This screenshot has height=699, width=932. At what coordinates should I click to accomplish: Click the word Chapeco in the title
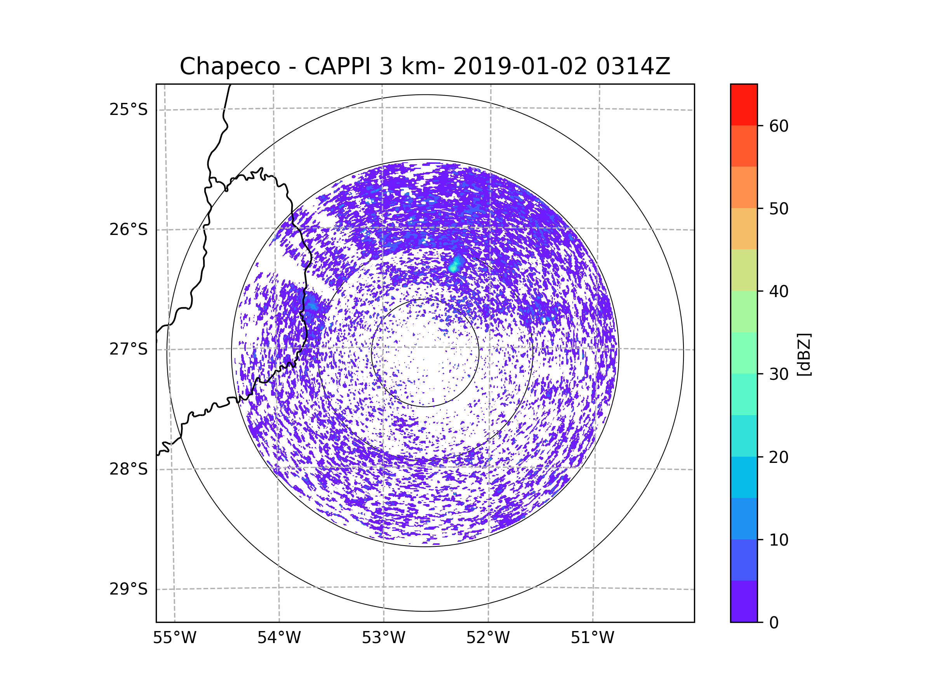[230, 66]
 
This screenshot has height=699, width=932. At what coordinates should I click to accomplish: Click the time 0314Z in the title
[633, 66]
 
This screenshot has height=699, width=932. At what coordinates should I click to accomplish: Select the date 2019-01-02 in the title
[520, 66]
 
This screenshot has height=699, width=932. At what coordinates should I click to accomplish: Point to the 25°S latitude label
[129, 110]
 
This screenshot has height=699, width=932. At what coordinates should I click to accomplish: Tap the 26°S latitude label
[129, 230]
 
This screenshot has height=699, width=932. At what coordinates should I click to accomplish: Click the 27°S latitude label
[129, 349]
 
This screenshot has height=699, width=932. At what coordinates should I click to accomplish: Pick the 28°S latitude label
[129, 469]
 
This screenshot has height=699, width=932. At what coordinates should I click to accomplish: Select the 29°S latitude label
[129, 589]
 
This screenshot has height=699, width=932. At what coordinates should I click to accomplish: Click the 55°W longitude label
[174, 638]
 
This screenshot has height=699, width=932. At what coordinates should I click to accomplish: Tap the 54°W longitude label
[279, 638]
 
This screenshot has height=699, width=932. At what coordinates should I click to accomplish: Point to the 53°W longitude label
[383, 638]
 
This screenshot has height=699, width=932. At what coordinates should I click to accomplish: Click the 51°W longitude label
[592, 638]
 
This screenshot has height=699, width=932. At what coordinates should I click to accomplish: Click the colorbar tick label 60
[779, 126]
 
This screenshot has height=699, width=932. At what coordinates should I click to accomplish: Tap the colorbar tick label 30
[779, 374]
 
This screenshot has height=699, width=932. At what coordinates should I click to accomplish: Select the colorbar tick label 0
[774, 623]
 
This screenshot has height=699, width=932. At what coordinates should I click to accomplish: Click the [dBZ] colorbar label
[804, 354]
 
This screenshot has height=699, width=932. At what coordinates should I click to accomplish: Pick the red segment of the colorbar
[744, 104]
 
